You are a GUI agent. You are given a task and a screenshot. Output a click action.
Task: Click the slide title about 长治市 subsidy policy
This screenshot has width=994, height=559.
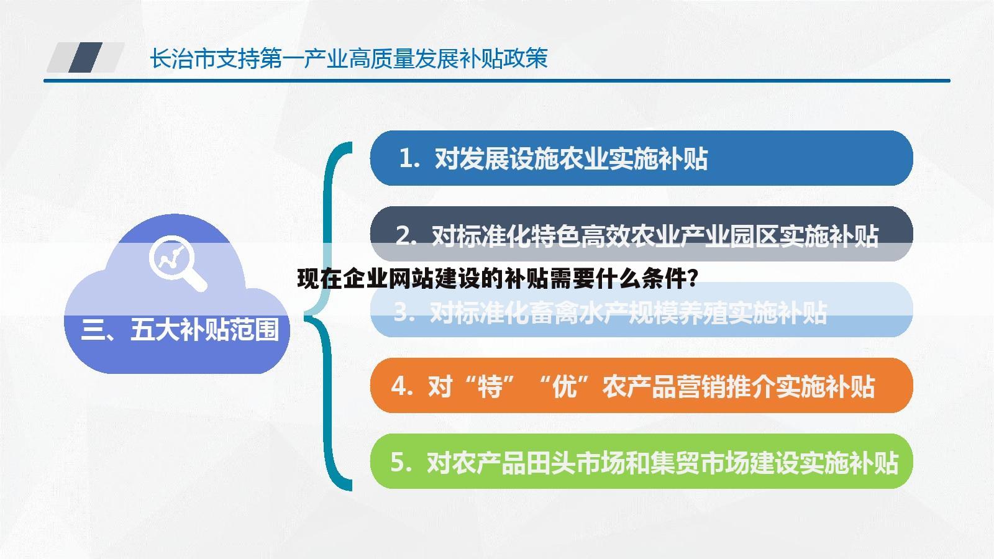point(348,59)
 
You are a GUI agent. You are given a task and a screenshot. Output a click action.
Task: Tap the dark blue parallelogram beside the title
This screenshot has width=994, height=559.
point(86,58)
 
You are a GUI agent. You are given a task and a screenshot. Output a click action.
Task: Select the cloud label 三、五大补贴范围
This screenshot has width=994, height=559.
point(180,329)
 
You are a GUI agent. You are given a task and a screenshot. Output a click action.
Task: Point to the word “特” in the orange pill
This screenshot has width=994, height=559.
point(490,387)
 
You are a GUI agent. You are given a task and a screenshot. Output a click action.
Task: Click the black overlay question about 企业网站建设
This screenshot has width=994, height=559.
point(497,279)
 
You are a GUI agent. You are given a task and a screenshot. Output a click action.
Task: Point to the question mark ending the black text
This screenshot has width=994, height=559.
point(692,279)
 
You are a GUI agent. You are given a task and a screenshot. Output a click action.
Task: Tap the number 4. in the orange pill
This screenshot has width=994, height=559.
point(402,387)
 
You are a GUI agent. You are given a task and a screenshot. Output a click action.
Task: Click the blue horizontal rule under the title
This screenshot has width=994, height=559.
point(497,80)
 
